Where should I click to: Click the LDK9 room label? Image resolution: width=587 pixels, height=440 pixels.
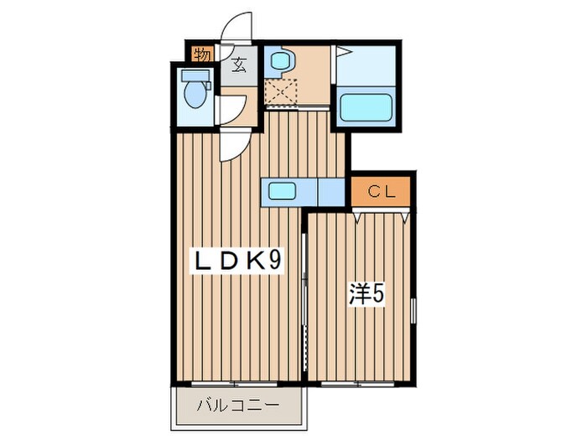(236, 261)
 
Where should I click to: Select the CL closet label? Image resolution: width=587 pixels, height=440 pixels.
(381, 192)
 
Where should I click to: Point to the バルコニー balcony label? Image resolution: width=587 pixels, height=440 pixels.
(238, 405)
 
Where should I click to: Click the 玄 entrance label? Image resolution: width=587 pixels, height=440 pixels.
(239, 65)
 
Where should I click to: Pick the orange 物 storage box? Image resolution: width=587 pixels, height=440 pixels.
(203, 54)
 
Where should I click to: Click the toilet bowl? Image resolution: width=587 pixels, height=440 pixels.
(195, 94)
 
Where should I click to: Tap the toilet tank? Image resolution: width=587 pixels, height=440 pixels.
(195, 76)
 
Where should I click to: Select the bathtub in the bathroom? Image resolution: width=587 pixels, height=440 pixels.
(366, 106)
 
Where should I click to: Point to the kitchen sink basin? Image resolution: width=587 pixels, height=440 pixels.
(283, 192)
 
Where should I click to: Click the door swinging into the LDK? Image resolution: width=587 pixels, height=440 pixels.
(236, 145)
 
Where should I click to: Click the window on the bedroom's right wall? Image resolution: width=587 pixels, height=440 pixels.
(413, 311)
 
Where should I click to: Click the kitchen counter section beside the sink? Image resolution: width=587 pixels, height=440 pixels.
(331, 192)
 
